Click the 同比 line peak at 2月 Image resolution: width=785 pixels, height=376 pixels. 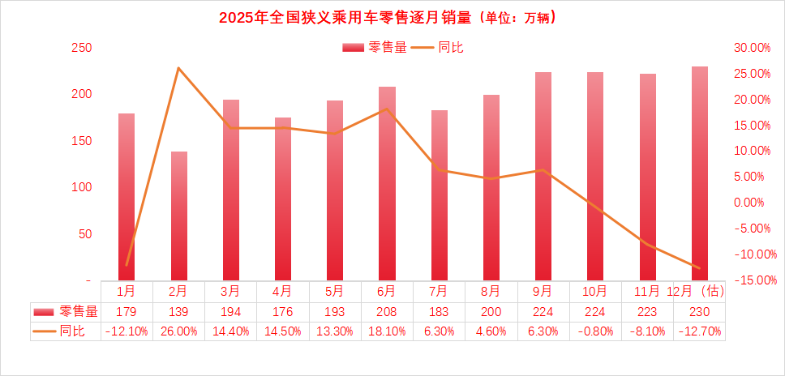(178, 68)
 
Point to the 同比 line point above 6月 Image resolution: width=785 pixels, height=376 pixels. (387, 109)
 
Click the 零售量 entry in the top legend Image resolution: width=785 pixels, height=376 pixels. (375, 48)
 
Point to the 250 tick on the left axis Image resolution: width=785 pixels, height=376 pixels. (81, 48)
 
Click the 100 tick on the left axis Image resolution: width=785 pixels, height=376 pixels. (81, 187)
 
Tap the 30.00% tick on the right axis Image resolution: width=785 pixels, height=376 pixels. (752, 48)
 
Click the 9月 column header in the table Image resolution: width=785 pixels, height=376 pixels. (543, 290)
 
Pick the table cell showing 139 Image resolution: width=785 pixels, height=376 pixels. (178, 311)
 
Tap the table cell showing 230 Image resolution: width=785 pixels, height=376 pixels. (699, 311)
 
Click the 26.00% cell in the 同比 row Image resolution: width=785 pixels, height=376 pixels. (178, 331)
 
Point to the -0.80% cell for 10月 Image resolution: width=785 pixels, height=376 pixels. (595, 331)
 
